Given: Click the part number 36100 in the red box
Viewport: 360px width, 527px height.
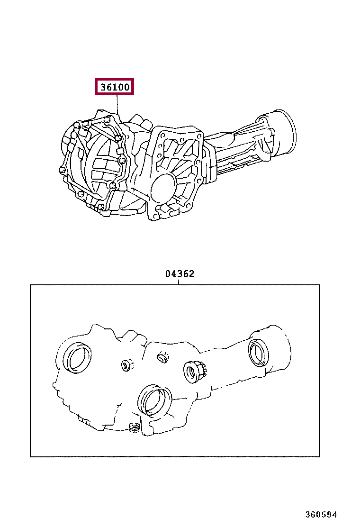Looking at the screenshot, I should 115,87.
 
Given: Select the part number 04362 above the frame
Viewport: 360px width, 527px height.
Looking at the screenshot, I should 180,274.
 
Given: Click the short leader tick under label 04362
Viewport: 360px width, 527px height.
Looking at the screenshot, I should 179,282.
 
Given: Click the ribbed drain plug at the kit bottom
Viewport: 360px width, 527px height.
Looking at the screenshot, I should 134,428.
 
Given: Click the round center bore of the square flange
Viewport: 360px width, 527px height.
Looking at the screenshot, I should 163,184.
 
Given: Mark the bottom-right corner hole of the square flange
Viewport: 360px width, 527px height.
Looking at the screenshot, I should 189,205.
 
